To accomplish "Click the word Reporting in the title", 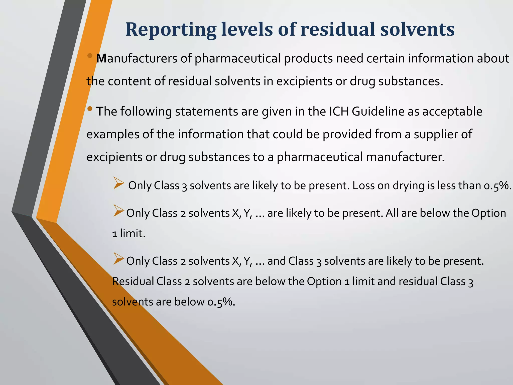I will (171, 30).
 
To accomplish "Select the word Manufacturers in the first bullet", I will (137, 58).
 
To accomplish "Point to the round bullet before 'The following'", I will (90, 109).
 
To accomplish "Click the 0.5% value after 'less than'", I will (497, 186).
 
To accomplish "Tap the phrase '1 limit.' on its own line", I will (129, 234).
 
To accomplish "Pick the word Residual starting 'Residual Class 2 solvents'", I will (133, 281).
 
